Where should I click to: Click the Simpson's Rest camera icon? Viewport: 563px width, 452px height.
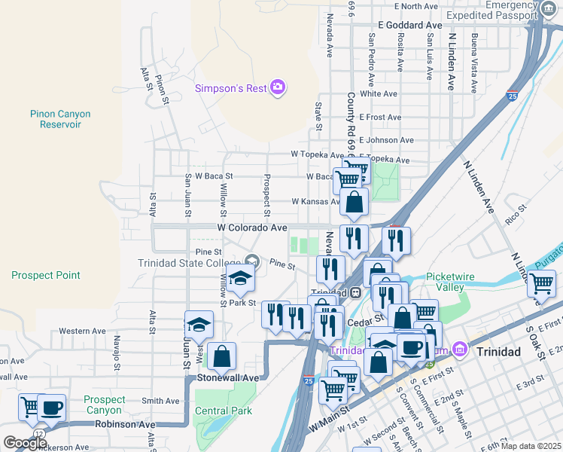tap(278, 88)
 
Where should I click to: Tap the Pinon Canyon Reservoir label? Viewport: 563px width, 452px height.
tap(60, 119)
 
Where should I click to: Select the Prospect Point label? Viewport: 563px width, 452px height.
tap(41, 275)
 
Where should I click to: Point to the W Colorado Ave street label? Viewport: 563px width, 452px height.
tap(252, 227)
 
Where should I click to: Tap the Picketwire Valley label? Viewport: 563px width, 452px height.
tap(450, 282)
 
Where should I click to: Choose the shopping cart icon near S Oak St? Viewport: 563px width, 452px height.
tap(542, 284)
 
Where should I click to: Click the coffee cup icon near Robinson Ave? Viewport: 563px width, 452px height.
tap(52, 408)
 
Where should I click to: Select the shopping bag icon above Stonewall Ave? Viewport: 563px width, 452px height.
tap(222, 356)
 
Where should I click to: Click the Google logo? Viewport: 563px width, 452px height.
tap(25, 443)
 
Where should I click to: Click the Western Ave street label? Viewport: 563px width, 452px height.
tap(82, 331)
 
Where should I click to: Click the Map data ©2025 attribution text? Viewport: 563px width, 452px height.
tap(531, 446)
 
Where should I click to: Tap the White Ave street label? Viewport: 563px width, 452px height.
tap(379, 94)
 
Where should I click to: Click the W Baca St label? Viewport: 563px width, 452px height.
tap(214, 176)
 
